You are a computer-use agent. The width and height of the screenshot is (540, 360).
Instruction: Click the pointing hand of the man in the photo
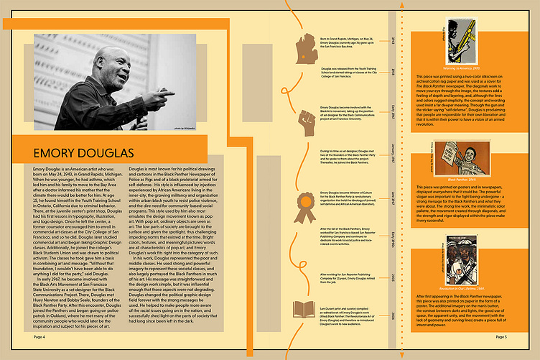point(167,93)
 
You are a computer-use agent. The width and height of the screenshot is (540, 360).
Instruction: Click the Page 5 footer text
point(501,336)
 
